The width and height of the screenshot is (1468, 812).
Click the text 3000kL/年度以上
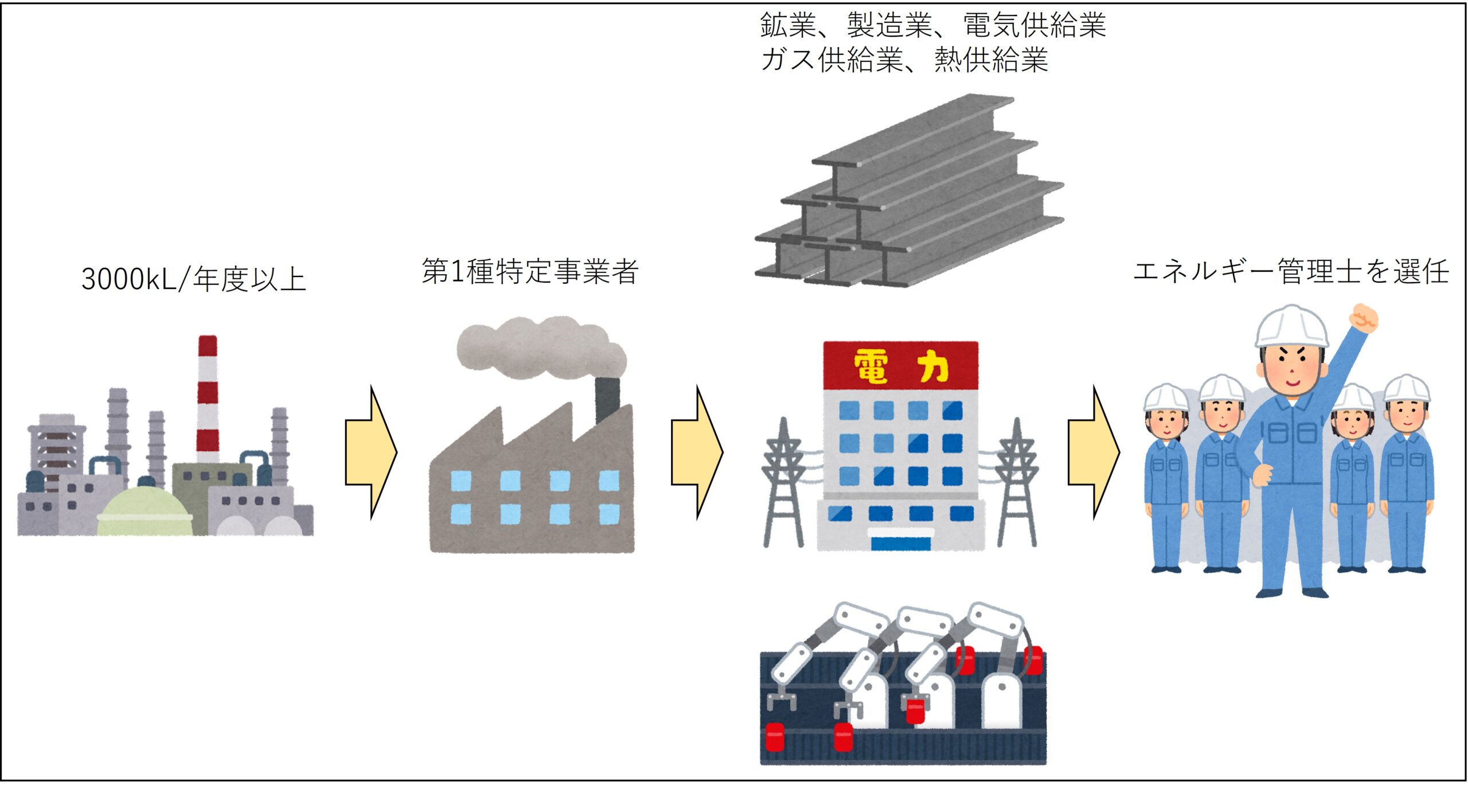point(194,279)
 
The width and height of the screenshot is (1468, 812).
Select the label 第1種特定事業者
point(530,271)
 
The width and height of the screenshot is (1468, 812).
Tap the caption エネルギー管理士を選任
point(1291,271)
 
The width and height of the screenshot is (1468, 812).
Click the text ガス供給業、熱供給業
point(904,60)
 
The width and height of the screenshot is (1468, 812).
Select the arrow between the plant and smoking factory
point(371,452)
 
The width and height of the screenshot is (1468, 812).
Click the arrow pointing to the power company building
point(697,452)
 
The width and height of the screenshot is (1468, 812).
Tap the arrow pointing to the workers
point(1094,452)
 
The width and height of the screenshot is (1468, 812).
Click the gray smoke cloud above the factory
point(541,348)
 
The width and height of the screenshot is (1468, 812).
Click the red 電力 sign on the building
point(900,365)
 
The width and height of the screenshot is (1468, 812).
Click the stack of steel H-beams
point(909,190)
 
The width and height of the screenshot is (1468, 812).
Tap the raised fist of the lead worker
point(1364,318)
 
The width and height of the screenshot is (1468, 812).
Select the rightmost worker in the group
point(1407,474)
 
